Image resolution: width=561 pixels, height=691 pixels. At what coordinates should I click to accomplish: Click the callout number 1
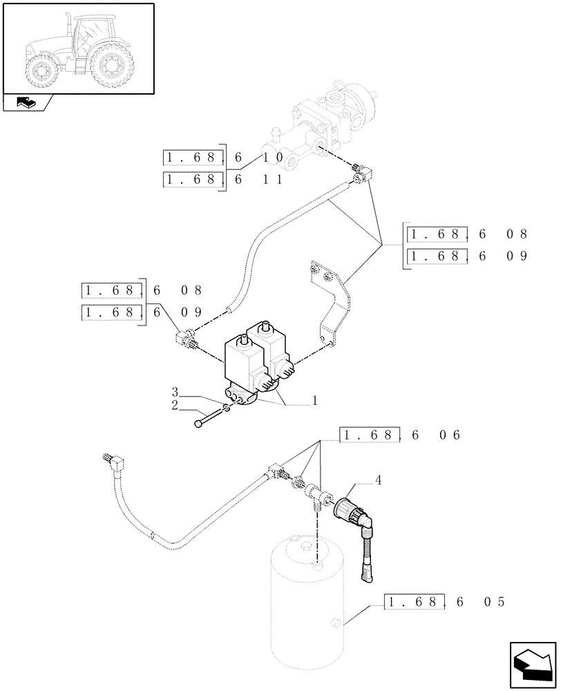coord(315,399)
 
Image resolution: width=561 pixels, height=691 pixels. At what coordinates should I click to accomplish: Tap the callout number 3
coord(175,392)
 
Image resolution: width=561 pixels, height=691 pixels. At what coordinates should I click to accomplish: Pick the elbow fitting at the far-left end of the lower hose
coord(117,461)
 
